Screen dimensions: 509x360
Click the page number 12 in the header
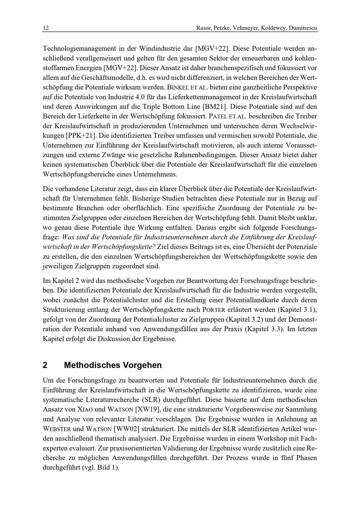coord(45,28)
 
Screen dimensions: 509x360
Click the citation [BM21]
coord(215,107)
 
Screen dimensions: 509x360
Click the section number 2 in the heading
coord(45,365)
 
